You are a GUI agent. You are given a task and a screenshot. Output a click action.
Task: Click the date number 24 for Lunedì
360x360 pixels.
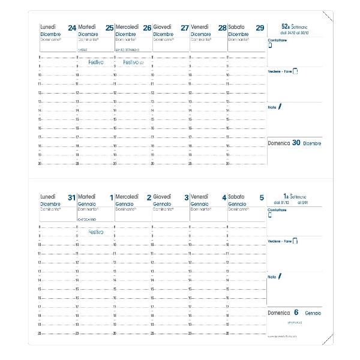pos(72,28)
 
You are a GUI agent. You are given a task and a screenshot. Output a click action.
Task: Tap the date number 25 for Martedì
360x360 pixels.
pos(109,28)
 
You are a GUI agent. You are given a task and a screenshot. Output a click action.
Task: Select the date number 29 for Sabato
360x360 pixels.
pos(259,28)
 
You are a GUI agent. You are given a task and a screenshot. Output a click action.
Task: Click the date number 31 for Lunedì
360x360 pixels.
pos(72,197)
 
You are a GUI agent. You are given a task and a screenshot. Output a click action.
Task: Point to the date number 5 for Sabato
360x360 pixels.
pos(261,197)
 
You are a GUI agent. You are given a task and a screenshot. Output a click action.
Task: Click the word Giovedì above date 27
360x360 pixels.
pos(162,27)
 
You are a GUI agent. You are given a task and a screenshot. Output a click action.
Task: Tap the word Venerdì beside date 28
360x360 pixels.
pos(200,27)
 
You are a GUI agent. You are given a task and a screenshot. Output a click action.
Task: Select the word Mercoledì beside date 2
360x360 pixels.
pos(127,196)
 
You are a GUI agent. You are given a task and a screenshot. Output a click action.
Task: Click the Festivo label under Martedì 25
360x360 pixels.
pos(95,62)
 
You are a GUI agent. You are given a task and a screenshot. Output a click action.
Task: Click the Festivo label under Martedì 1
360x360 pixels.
pos(95,231)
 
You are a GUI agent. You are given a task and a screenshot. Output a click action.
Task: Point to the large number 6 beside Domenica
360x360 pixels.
pos(296,313)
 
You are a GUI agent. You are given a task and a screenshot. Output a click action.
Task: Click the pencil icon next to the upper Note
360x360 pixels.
pos(279,106)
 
